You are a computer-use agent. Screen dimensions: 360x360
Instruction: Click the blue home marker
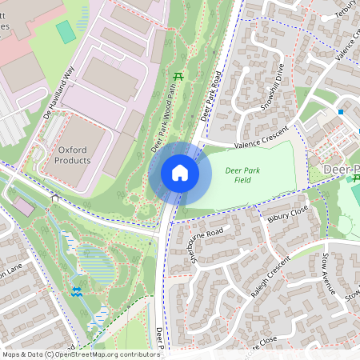coord(180,172)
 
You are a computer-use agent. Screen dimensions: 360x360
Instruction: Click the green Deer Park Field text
coord(243,176)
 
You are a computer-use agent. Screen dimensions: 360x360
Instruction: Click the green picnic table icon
coord(178,77)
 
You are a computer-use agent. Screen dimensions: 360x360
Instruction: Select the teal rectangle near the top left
coord(66,32)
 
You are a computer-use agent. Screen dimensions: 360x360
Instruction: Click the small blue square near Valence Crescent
coord(341,112)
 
